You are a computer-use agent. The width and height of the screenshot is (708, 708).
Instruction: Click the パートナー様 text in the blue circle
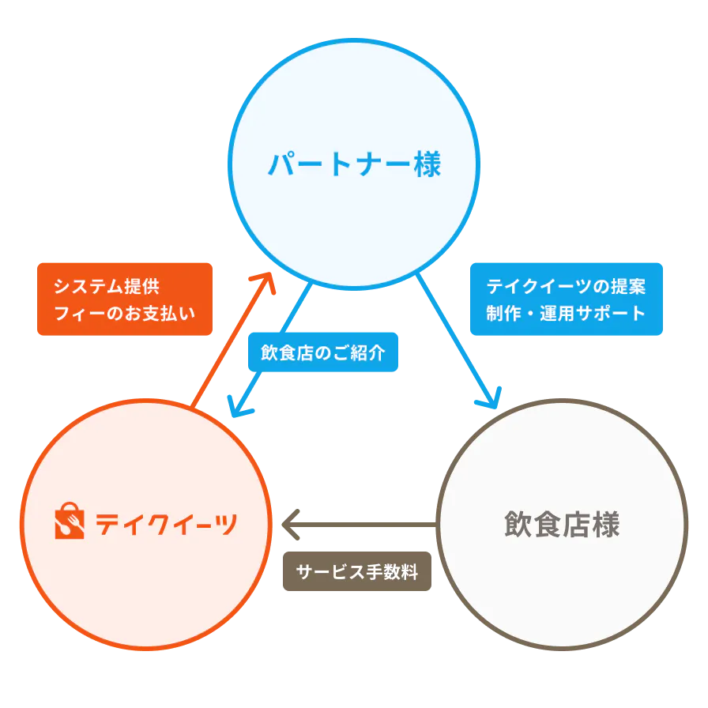(x=353, y=164)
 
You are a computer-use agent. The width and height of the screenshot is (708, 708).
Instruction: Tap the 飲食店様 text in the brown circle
(x=561, y=525)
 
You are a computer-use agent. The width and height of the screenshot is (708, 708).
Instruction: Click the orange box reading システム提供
(x=125, y=299)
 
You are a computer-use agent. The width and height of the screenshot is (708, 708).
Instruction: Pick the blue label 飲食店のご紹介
(x=322, y=352)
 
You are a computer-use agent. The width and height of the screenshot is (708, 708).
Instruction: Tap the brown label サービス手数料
(x=357, y=571)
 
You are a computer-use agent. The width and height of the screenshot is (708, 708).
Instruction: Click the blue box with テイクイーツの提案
(x=566, y=299)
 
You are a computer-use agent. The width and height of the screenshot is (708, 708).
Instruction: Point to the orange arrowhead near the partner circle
(x=264, y=281)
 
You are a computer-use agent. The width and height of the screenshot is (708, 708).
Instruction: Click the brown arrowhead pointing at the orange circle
(x=289, y=524)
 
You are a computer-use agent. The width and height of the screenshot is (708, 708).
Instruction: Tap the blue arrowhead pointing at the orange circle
(x=235, y=407)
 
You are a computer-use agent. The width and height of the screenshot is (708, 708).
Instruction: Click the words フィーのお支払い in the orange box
(x=124, y=313)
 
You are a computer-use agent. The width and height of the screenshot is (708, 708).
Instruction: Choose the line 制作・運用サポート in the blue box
(x=566, y=313)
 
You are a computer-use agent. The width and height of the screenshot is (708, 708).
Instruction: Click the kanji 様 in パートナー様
(x=425, y=164)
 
